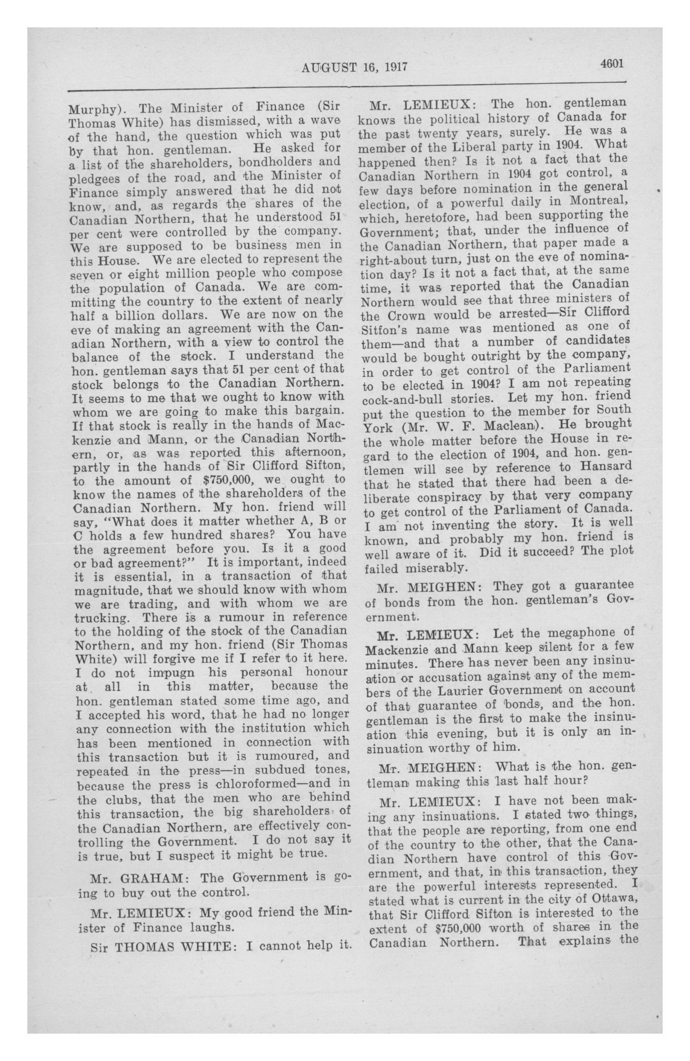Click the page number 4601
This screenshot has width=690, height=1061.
click(x=611, y=63)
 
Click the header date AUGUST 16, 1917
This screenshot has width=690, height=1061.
click(x=355, y=67)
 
